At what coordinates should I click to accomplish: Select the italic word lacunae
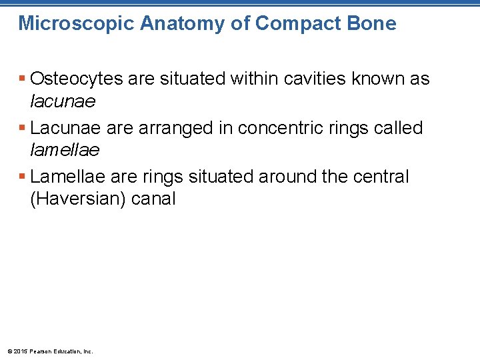[63, 101]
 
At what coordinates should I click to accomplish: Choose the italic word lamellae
[65, 150]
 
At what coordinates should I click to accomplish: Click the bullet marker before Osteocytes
[23, 79]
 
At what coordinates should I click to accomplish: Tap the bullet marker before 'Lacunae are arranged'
[23, 128]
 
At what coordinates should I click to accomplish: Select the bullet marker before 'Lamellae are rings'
[23, 177]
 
